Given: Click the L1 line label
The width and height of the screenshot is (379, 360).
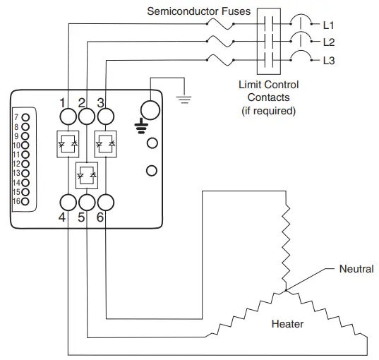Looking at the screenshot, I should coord(328,25).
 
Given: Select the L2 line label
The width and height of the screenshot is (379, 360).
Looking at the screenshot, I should coord(328,42).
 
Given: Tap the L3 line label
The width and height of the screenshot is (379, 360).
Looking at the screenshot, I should coord(328,61).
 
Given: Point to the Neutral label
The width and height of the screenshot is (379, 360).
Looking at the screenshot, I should coord(356,269).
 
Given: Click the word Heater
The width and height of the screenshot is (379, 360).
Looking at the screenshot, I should coord(287,324).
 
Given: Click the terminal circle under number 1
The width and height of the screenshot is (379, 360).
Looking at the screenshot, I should coord(67,116).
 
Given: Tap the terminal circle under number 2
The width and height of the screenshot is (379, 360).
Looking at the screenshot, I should coord(86,116).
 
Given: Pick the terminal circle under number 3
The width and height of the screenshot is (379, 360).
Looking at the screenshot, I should coord(105,116).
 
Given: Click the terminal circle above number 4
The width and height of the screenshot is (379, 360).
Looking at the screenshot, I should coord(67,202).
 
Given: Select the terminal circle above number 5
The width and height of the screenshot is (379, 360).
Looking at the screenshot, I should coord(86,202).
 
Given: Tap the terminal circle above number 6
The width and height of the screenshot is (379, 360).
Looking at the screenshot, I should coord(105,202).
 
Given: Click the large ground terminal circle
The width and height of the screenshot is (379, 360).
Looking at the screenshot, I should coord(150,110).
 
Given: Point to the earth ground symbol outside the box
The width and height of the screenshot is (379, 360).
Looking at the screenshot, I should coord(184,100).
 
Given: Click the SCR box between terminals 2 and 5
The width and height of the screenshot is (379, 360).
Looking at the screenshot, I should coord(86,172).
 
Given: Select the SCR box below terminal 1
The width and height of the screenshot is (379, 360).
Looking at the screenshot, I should coord(67,143).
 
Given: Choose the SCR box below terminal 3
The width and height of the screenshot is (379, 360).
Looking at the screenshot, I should coord(105,143).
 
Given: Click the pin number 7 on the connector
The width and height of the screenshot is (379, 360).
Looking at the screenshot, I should coord(16,116).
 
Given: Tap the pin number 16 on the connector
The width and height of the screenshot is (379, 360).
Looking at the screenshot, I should coord(16,200).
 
